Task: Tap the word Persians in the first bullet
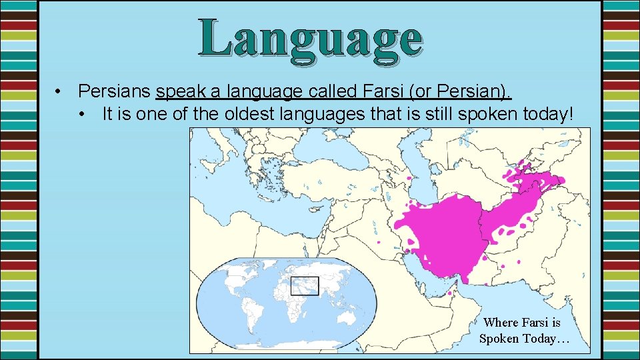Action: point(115,91)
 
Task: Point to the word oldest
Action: point(235,115)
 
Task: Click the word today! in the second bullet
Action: point(545,115)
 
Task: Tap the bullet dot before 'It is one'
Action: point(81,115)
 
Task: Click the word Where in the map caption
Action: point(502,323)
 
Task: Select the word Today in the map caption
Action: point(537,339)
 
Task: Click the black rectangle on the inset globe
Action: point(305,285)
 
